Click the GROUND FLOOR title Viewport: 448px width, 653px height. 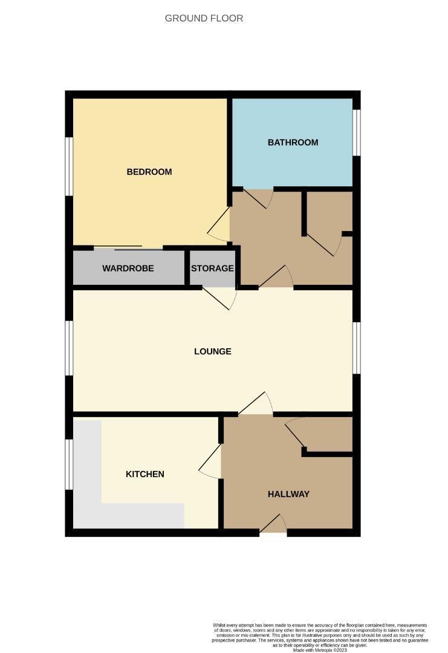coord(204,19)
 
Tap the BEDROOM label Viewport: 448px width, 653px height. coord(149,172)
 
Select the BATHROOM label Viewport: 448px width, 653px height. coord(293,143)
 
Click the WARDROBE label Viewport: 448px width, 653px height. coord(128,268)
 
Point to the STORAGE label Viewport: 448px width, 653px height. coord(212,268)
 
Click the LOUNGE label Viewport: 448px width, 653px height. coord(212,351)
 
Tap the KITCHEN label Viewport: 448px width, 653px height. coord(144,474)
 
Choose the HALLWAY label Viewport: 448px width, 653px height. coord(288,494)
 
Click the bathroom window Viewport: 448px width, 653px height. coord(357,132)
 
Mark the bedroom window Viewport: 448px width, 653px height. coord(70,166)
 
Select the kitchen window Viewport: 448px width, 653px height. coord(70,464)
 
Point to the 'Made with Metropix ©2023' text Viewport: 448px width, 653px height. coord(320,650)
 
